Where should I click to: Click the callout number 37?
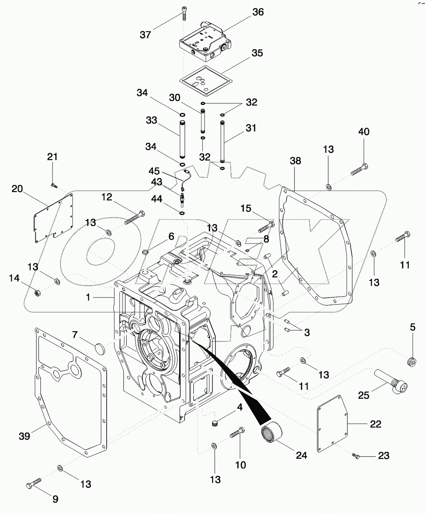(145, 35)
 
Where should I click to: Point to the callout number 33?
(151, 120)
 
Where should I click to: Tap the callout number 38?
(295, 161)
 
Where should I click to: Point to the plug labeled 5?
(411, 362)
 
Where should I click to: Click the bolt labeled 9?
(33, 483)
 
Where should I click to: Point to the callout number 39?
(25, 436)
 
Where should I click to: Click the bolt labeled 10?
(236, 434)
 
